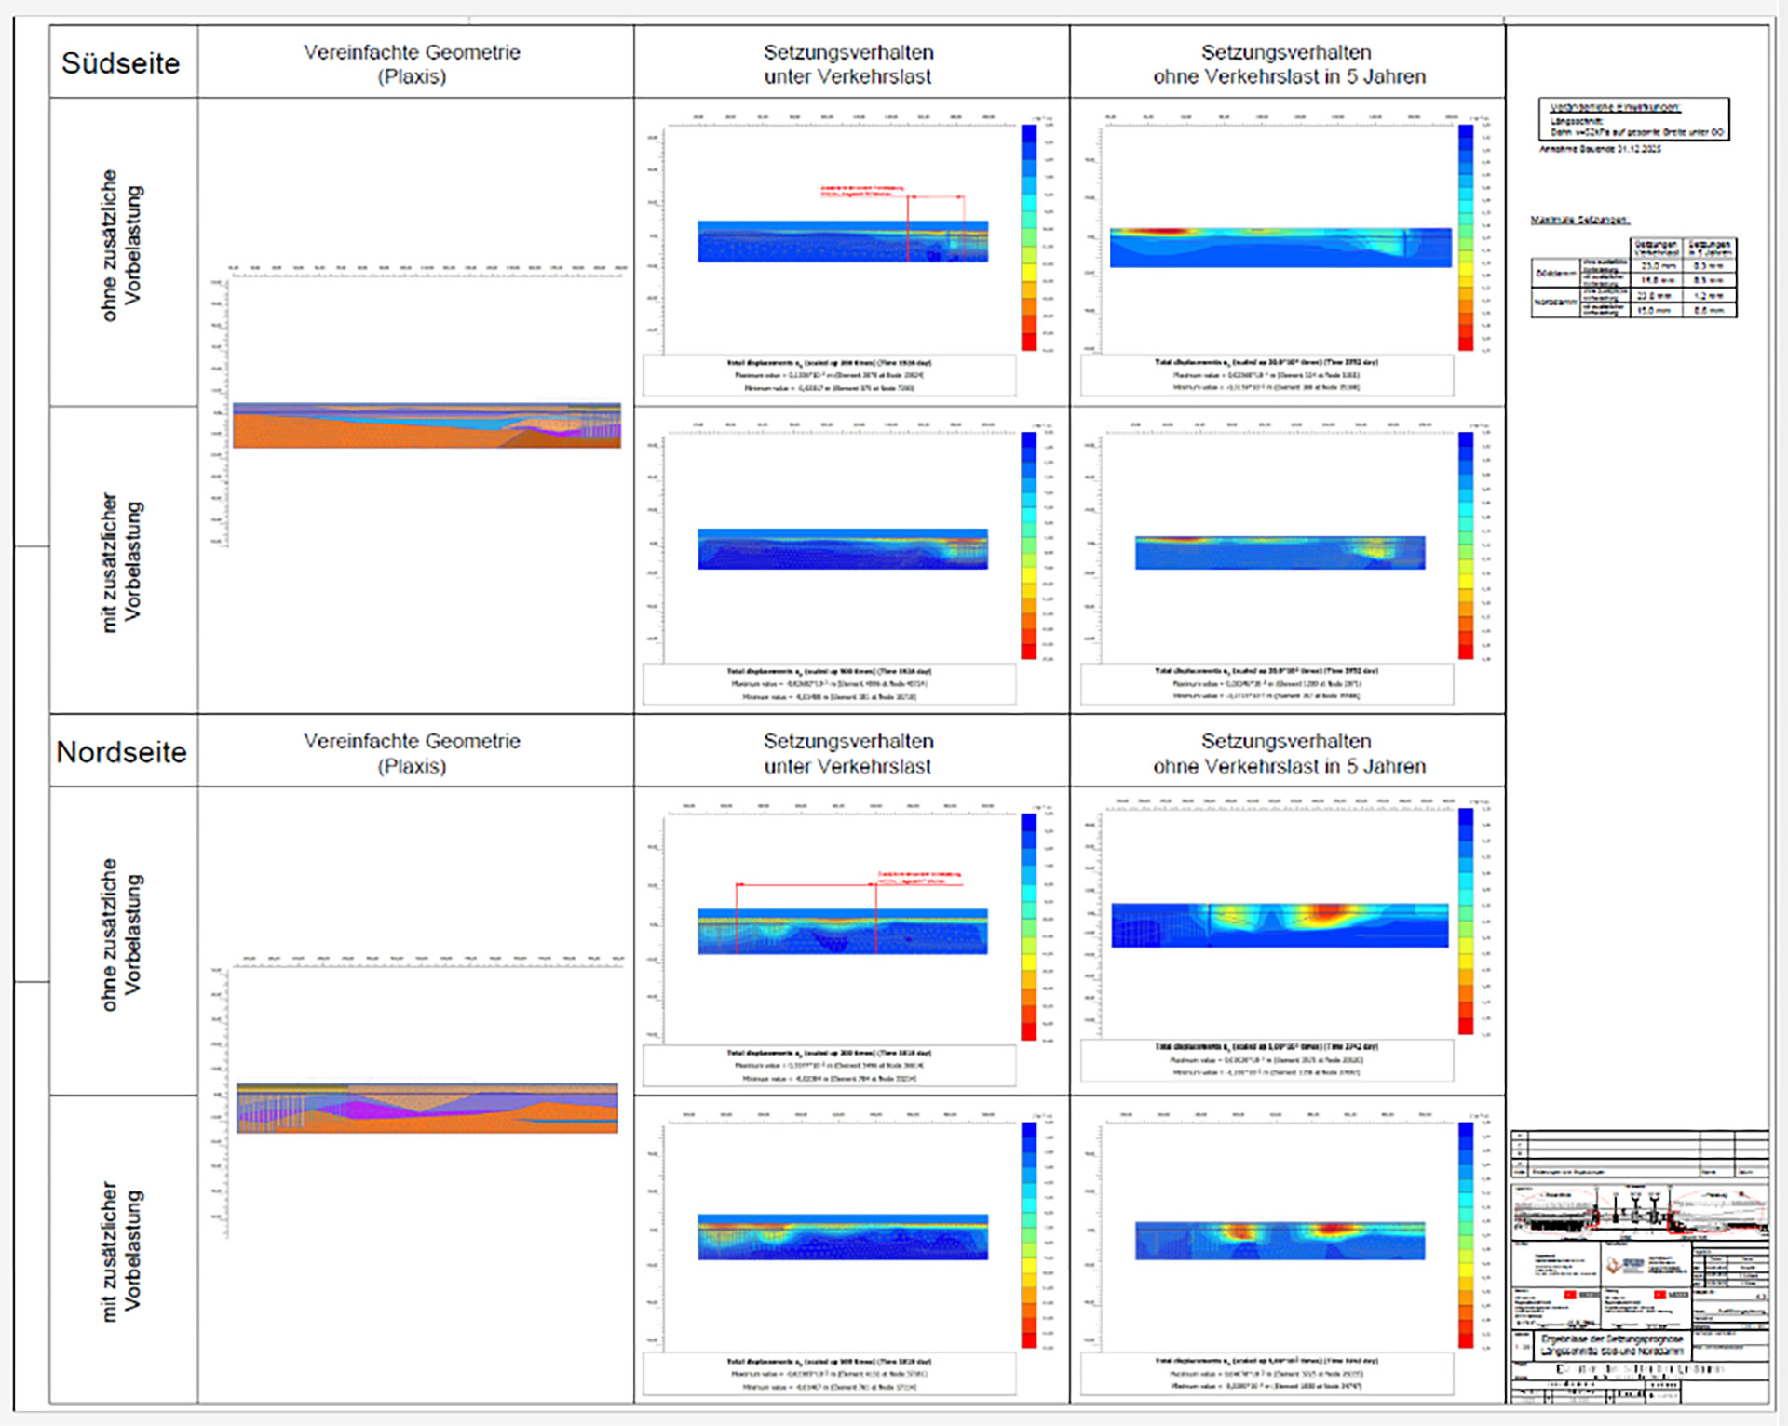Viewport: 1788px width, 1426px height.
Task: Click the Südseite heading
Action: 120,63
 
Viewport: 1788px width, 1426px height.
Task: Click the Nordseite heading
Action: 121,752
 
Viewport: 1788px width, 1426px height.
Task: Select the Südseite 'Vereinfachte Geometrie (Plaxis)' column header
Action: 412,64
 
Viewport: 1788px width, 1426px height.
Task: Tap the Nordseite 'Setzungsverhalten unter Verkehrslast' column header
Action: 848,753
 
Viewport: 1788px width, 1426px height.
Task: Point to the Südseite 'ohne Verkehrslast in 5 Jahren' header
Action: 1288,64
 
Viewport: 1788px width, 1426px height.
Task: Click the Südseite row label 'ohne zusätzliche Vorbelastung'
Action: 122,246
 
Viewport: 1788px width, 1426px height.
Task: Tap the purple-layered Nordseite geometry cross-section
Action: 427,1109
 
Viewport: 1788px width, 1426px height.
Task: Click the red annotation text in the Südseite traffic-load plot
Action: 862,191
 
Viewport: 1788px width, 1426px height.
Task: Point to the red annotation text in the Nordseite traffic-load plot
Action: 918,877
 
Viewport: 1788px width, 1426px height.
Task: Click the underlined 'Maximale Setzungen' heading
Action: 1579,220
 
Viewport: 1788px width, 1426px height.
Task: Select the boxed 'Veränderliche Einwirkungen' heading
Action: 1614,107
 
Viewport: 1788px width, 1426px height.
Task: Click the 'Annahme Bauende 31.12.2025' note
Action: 1600,149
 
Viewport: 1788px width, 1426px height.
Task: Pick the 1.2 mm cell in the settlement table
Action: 1709,295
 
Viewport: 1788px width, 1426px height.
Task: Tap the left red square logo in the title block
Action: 1570,1295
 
